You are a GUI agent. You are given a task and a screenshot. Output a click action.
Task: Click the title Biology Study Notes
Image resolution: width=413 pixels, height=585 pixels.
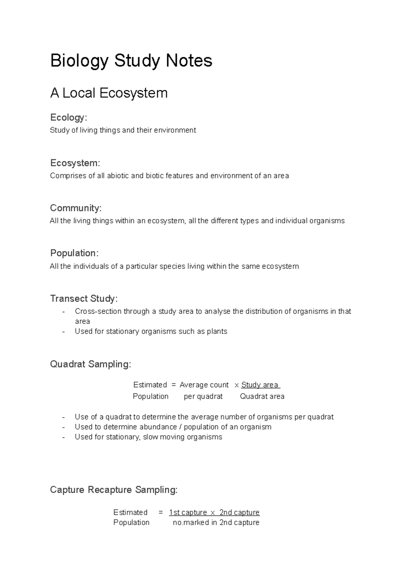point(131,61)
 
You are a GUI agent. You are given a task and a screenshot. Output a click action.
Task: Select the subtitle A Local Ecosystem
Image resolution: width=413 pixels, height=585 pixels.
point(109,93)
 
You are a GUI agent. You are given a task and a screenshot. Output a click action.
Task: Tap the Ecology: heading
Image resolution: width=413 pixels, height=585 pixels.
point(68,117)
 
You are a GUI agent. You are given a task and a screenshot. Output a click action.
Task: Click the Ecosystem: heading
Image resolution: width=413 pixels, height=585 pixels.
point(75,163)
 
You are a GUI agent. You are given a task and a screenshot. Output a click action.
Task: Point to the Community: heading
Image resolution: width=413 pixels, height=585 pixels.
point(76,208)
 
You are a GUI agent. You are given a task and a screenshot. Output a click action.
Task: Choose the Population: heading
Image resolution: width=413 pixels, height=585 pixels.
point(74,253)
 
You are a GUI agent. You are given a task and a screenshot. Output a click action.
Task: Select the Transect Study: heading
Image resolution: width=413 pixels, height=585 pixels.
point(84,298)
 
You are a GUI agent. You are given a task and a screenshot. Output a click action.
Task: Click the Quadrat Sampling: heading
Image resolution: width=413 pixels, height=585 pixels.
point(91,364)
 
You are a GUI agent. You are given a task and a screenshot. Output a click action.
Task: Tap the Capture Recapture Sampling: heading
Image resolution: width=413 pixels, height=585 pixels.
point(114,490)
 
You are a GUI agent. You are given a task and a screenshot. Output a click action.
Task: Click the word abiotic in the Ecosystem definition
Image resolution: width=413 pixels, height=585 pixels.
point(118,176)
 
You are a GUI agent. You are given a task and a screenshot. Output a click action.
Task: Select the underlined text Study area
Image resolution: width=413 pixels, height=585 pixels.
point(260,385)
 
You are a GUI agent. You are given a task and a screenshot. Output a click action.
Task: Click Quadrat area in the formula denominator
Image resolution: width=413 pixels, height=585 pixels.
point(262,396)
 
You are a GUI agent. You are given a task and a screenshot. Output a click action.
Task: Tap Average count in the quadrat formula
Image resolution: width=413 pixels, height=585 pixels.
point(204,385)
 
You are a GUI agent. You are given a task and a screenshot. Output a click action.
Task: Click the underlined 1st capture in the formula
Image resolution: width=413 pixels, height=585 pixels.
point(188,512)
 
